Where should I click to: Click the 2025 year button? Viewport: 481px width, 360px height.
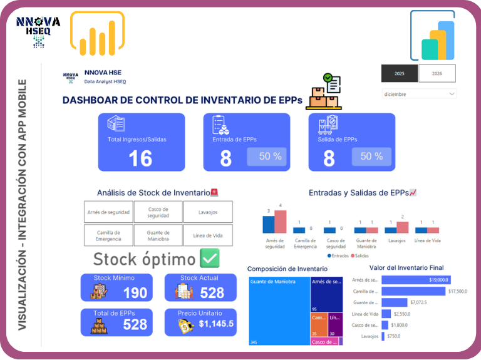click(x=400, y=74)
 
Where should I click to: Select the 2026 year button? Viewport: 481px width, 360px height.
click(x=437, y=74)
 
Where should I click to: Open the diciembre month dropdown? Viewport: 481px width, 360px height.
click(x=419, y=94)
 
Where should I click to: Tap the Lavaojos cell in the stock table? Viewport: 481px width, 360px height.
click(x=208, y=212)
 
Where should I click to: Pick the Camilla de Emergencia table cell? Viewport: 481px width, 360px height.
click(x=109, y=235)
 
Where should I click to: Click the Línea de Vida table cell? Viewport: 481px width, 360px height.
click(x=208, y=235)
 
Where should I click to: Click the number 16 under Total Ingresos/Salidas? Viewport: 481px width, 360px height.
click(x=140, y=158)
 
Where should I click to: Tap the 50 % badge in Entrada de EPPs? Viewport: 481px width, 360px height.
click(x=270, y=157)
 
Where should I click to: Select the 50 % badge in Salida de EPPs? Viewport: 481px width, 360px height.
click(x=371, y=157)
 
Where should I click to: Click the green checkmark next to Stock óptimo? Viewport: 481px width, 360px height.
click(x=209, y=258)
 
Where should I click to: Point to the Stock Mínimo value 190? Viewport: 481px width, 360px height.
click(x=135, y=292)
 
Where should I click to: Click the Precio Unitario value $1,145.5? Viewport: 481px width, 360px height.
click(x=215, y=324)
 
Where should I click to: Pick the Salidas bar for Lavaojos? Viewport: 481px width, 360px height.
click(x=402, y=227)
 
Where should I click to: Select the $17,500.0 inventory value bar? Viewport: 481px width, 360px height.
click(x=414, y=291)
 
